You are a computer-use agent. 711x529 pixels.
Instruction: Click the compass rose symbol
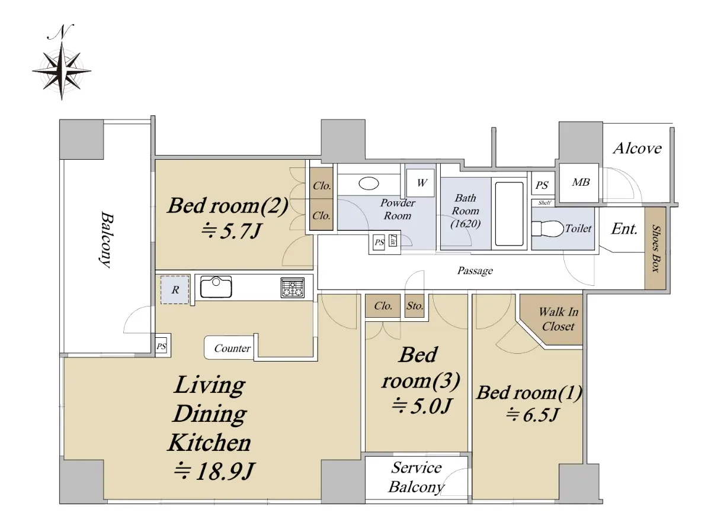(x=62, y=71)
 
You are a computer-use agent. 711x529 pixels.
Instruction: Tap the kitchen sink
(x=216, y=287)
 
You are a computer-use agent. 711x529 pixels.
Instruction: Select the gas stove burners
(x=292, y=288)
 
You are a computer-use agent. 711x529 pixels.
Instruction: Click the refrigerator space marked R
(x=175, y=289)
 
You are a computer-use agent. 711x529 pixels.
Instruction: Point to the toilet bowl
(x=547, y=229)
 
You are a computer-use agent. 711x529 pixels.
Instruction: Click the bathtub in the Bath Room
(x=509, y=214)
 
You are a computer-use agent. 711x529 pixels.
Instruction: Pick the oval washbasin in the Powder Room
(x=369, y=183)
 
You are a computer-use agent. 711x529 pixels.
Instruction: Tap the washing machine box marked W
(x=421, y=183)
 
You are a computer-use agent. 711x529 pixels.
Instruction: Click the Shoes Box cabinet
(x=655, y=248)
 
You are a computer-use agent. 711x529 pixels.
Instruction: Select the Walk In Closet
(x=554, y=320)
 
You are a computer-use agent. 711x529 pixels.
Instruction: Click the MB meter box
(x=579, y=182)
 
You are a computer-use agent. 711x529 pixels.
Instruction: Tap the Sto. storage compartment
(x=415, y=306)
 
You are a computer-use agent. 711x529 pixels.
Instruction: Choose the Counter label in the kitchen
(x=232, y=348)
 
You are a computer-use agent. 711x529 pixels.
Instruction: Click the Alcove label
(x=638, y=149)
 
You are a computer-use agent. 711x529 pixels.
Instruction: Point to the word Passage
(x=475, y=270)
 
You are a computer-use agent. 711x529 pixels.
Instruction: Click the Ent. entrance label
(x=624, y=228)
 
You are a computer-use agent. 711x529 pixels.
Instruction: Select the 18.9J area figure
(x=214, y=471)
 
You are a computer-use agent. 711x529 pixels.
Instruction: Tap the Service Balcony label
(x=416, y=478)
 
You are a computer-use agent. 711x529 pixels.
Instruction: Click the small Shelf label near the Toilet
(x=545, y=203)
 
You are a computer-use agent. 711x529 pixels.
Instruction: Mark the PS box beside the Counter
(x=161, y=346)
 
